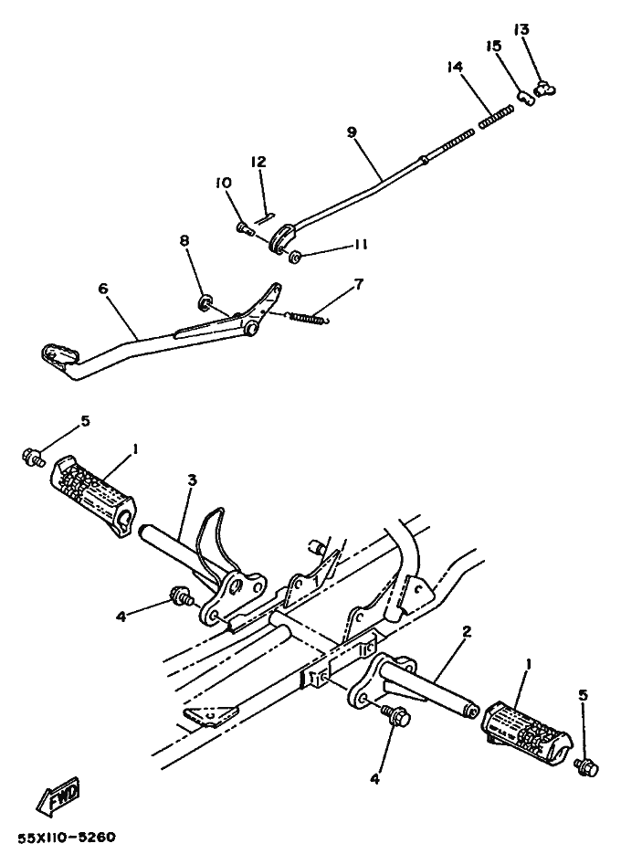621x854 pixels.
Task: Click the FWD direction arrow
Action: [x=58, y=795]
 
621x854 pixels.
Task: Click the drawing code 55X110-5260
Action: [x=67, y=837]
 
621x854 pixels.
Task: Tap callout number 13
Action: [x=521, y=29]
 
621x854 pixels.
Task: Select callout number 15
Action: [x=494, y=47]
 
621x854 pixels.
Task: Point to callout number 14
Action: [x=455, y=67]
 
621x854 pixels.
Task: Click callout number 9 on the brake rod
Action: [x=352, y=132]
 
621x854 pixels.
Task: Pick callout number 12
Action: [x=258, y=162]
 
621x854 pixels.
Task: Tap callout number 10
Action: [x=224, y=183]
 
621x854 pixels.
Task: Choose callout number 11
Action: [x=360, y=245]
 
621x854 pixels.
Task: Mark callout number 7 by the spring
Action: [x=359, y=284]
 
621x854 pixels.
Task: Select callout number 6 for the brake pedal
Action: [x=103, y=288]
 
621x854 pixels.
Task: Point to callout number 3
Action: [x=193, y=480]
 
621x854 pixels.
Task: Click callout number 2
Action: [x=467, y=632]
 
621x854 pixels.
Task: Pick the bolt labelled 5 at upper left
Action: [x=33, y=456]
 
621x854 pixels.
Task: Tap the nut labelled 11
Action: [x=296, y=257]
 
